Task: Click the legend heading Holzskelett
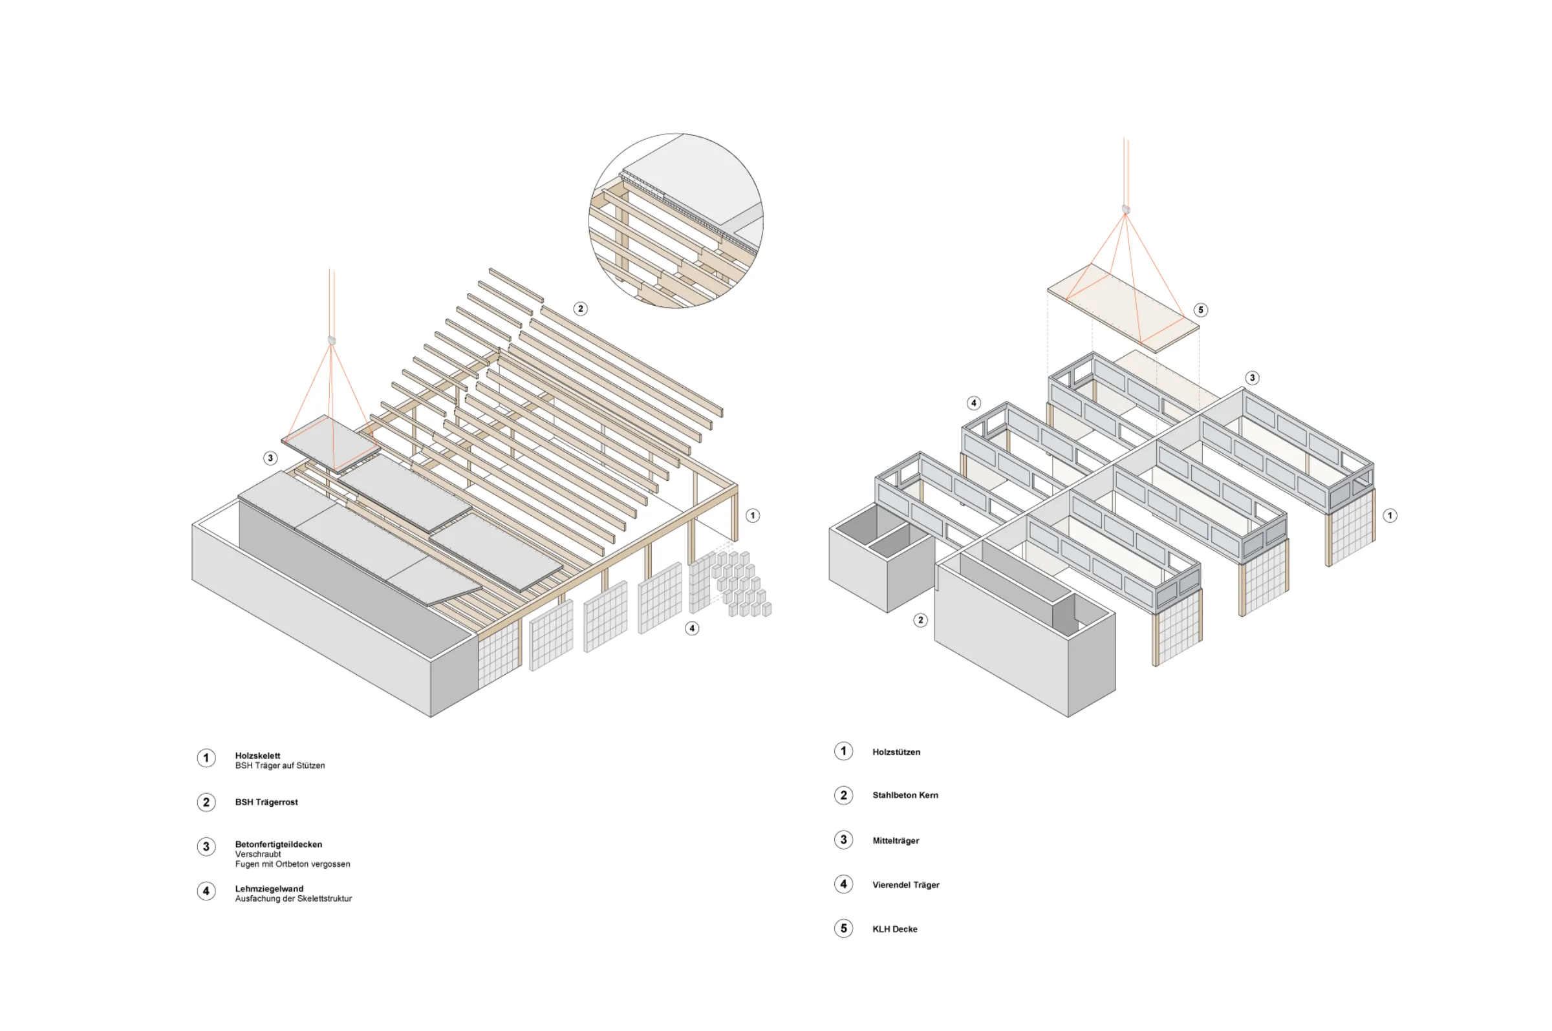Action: (x=257, y=756)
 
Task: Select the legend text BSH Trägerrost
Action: (x=266, y=802)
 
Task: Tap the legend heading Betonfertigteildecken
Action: (x=278, y=844)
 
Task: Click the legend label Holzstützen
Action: (x=896, y=752)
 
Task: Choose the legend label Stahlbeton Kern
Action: (x=905, y=795)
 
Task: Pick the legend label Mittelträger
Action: (x=896, y=841)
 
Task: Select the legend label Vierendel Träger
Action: (x=906, y=885)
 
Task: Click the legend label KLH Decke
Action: (x=895, y=929)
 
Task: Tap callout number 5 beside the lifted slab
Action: (x=1201, y=310)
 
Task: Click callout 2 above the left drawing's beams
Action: (x=580, y=308)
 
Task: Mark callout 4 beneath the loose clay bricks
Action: (x=692, y=628)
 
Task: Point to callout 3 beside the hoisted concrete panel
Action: (x=270, y=458)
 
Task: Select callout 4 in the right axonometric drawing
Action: (x=974, y=403)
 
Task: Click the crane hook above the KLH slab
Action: (x=1126, y=209)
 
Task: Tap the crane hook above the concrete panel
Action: (x=332, y=341)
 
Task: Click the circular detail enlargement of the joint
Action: (x=676, y=221)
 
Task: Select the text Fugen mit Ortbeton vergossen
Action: (x=293, y=864)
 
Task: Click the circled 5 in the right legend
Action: (x=844, y=928)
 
